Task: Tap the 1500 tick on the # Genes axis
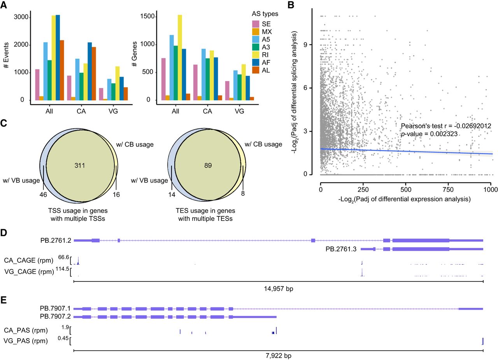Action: click(147, 17)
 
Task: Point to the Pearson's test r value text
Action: click(446, 126)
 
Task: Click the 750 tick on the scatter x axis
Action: click(448, 189)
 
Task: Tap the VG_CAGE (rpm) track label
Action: click(29, 271)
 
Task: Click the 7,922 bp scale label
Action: click(278, 356)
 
